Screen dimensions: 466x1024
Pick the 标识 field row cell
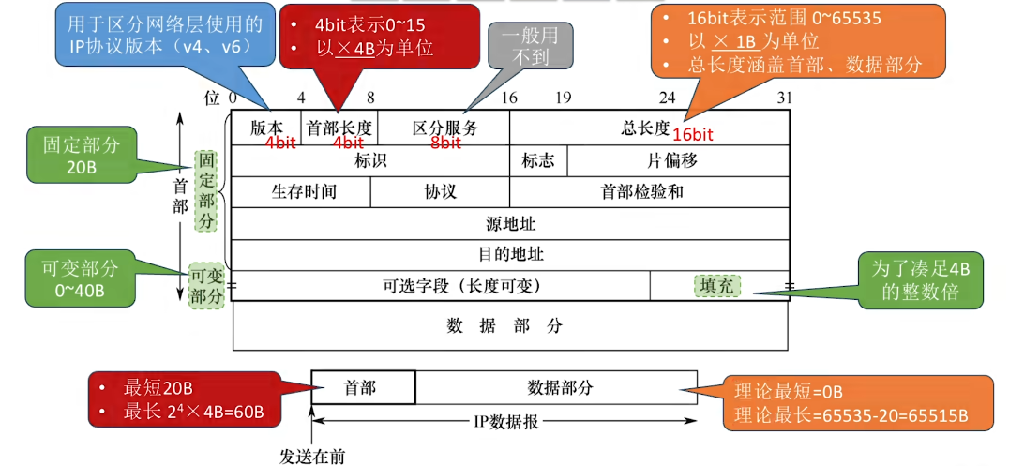point(370,160)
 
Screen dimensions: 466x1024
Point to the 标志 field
point(537,160)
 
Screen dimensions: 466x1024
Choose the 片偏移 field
point(672,160)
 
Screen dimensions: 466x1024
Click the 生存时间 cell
point(304,191)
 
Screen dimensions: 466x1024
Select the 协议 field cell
point(440,191)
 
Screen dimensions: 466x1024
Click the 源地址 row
point(510,223)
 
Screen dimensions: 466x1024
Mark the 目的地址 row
point(510,254)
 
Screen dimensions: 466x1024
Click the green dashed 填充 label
point(716,285)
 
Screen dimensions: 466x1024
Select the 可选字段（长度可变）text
point(462,285)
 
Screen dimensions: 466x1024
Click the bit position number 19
point(563,98)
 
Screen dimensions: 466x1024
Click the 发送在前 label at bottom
point(312,456)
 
